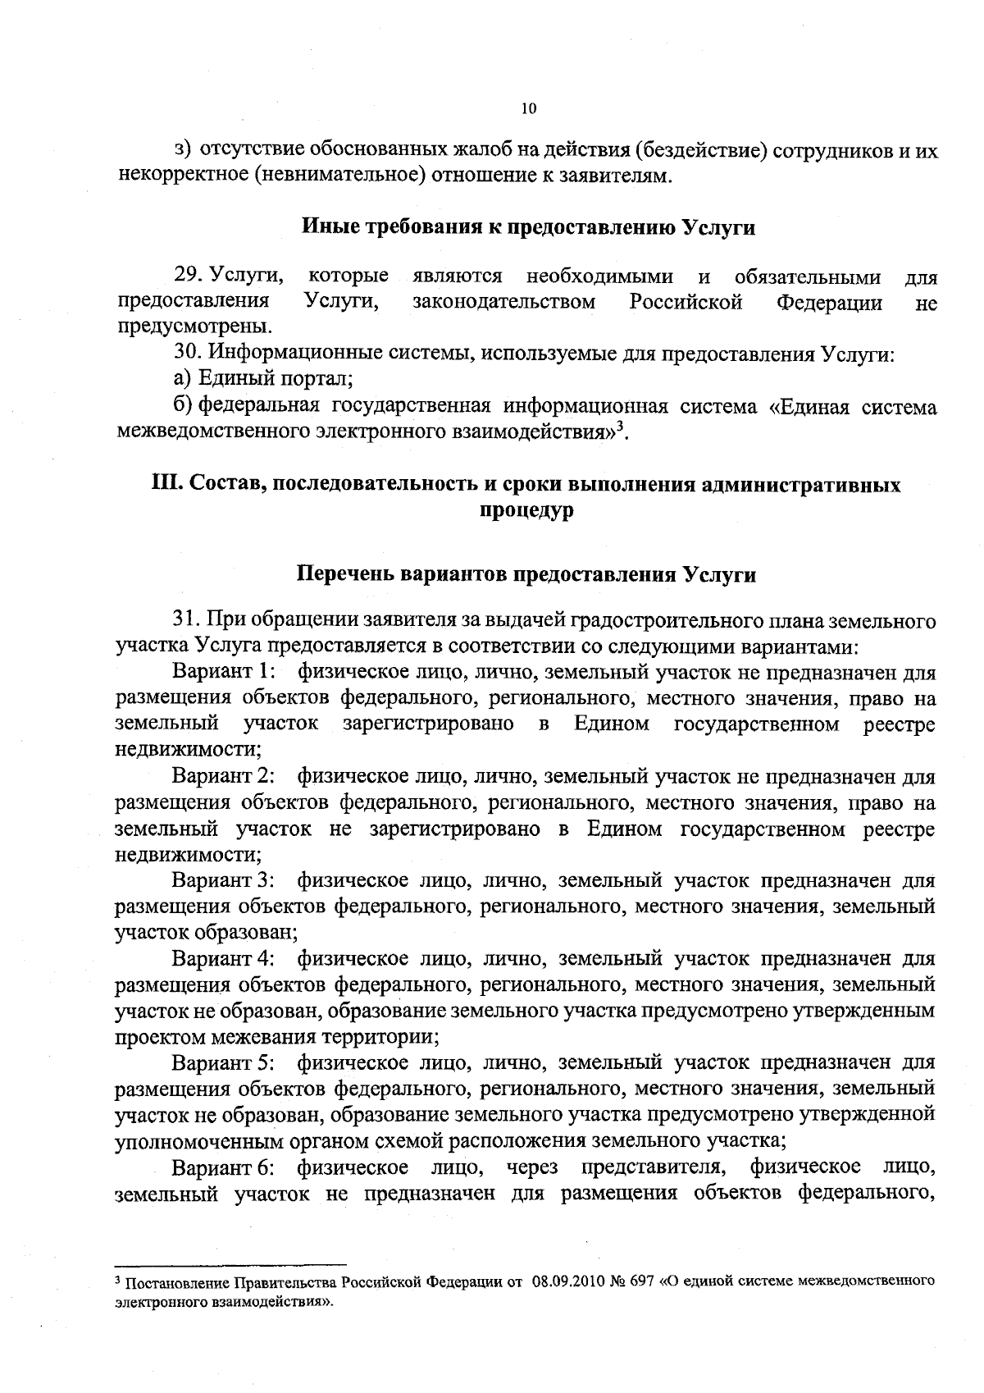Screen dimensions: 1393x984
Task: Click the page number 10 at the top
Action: (x=528, y=107)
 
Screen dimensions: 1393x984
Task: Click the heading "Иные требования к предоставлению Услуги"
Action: (x=529, y=228)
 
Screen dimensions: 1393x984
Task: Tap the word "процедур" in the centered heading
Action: (x=526, y=510)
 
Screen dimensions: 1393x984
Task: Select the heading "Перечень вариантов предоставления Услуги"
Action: (x=525, y=574)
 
